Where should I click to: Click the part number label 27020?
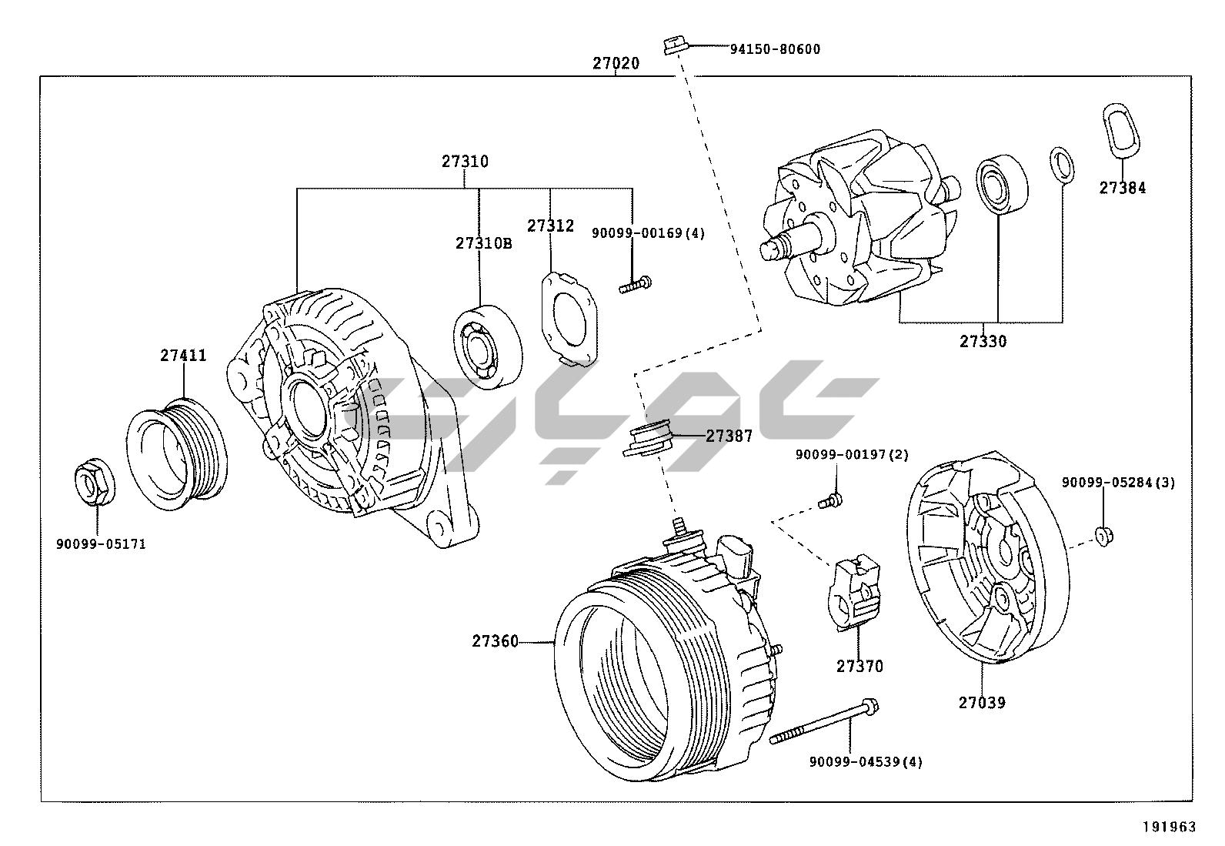[x=615, y=64]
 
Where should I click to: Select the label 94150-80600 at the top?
[x=774, y=49]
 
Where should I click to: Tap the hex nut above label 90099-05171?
[x=95, y=483]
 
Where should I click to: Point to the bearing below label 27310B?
[x=486, y=346]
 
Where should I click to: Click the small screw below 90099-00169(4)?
[x=636, y=286]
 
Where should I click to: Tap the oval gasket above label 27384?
[x=1120, y=129]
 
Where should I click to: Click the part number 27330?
[x=983, y=341]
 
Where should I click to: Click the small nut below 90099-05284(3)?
[x=1103, y=536]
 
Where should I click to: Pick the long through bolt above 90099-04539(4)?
[x=823, y=723]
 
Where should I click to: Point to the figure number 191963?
[x=1168, y=827]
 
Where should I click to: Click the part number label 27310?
[x=464, y=162]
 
